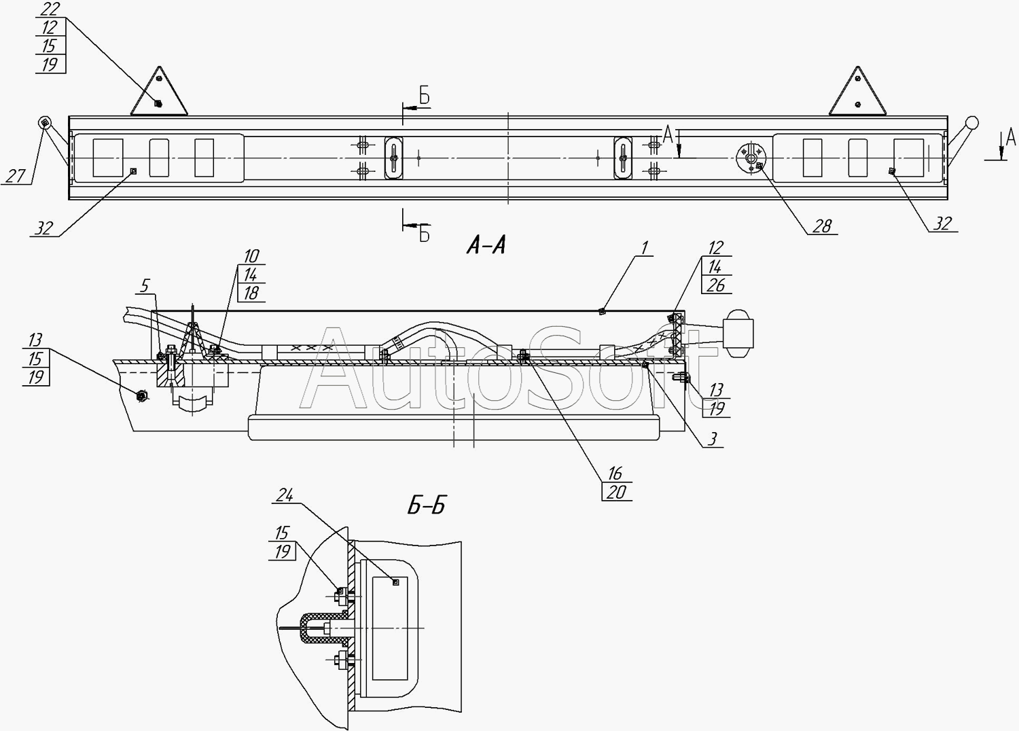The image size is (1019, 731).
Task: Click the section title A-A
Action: [x=486, y=246]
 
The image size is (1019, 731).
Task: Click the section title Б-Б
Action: [x=426, y=506]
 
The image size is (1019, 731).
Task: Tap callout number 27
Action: [x=16, y=176]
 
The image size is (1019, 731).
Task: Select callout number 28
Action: [x=822, y=226]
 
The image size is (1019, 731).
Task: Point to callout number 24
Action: [x=285, y=495]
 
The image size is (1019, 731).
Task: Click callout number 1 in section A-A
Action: [x=645, y=248]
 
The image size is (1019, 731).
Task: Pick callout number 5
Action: [x=145, y=285]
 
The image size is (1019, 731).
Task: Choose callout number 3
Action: [x=713, y=438]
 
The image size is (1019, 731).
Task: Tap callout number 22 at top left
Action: [x=50, y=9]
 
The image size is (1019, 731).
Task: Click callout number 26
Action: [x=716, y=285]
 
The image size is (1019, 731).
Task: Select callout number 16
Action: [x=615, y=474]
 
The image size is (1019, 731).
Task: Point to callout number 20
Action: [x=616, y=492]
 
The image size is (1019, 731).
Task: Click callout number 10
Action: [x=251, y=257]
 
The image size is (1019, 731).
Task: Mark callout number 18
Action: [x=251, y=293]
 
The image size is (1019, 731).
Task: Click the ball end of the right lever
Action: [x=971, y=123]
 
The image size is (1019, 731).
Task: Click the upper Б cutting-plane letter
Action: [x=425, y=96]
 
